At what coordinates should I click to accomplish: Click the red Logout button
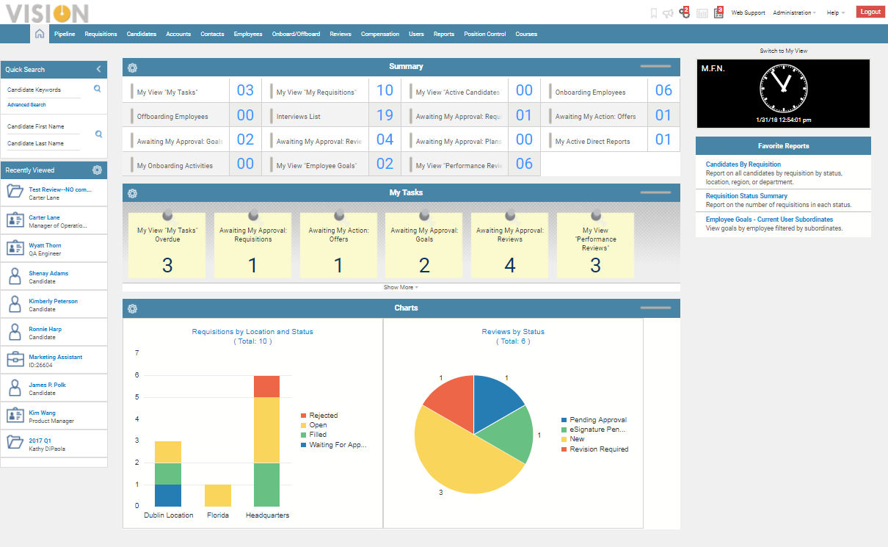coord(870,12)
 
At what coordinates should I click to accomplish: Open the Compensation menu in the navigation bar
coord(380,34)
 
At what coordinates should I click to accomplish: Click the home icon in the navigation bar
coord(40,34)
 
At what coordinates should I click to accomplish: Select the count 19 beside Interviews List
coord(385,115)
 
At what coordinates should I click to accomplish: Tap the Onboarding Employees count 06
coord(663,90)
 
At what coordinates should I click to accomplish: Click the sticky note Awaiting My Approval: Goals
coord(424,245)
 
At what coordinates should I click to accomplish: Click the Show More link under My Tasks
coord(401,287)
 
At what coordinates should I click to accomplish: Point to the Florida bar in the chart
coord(218,495)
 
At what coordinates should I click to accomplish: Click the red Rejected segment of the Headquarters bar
coord(267,386)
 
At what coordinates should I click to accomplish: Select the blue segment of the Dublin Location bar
coord(168,495)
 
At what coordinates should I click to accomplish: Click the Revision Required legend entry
coord(598,449)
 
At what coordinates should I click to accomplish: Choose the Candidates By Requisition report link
coord(743,164)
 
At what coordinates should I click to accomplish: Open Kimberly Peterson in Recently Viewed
coord(53,301)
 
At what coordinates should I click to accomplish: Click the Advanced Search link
coord(26,105)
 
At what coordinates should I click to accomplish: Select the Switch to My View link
coord(783,51)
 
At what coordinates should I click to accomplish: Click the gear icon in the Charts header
coord(132,308)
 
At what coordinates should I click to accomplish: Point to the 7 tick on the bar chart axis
coord(137,353)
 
